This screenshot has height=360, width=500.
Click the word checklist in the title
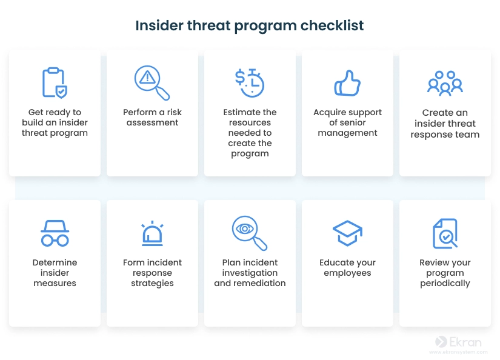(332, 25)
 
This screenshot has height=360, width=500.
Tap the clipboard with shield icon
(55, 82)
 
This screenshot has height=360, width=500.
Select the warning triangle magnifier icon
(152, 82)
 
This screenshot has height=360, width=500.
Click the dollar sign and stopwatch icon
(250, 83)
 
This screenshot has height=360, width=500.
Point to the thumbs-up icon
(347, 83)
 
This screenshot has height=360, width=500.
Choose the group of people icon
(445, 83)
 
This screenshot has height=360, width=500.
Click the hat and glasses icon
(55, 233)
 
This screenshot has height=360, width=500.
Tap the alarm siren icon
(152, 233)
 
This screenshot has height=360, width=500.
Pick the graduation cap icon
(347, 233)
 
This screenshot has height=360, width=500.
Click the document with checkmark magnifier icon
(445, 233)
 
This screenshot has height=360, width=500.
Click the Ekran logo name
(465, 342)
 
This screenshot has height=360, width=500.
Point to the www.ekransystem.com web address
(458, 352)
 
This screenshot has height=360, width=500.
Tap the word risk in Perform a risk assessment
(175, 112)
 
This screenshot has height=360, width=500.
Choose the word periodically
(445, 284)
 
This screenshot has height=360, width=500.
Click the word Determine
(55, 262)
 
